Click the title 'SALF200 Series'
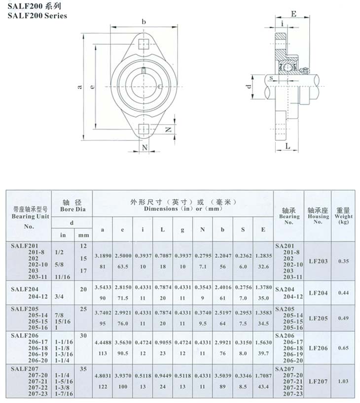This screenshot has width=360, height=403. [37, 16]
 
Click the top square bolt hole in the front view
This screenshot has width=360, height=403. [144, 44]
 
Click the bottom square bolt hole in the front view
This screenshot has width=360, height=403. [144, 129]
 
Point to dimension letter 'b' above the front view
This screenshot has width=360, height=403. [144, 22]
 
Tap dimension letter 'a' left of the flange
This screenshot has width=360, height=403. [80, 87]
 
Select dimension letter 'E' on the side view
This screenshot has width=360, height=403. [293, 14]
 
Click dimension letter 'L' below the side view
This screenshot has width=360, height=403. [288, 146]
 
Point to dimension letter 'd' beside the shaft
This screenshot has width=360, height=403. [249, 86]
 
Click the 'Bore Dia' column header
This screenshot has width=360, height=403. [72, 209]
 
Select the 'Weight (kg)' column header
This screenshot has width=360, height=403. [343, 216]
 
